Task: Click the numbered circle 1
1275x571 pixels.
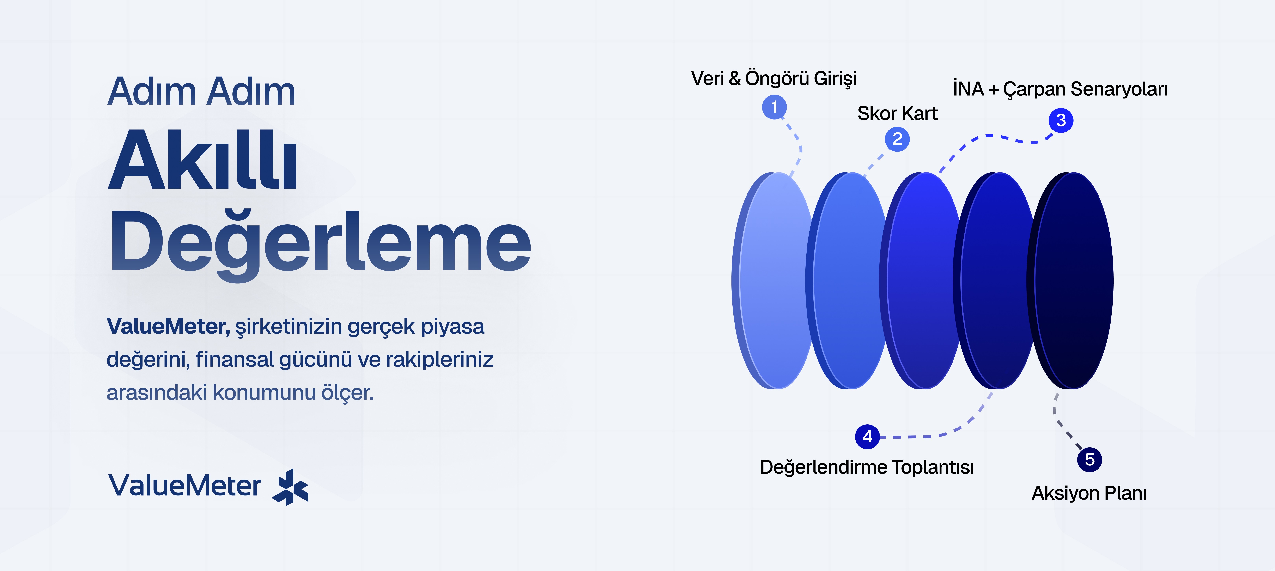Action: click(x=774, y=107)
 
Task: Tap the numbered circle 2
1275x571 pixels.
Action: click(x=897, y=139)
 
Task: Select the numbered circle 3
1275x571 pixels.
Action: click(x=1061, y=120)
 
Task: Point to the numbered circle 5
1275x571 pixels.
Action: click(x=1089, y=460)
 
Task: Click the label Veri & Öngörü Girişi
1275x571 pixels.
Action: click(x=774, y=78)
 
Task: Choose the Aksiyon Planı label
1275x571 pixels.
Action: click(x=1089, y=493)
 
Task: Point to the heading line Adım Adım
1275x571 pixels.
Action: click(x=201, y=92)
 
